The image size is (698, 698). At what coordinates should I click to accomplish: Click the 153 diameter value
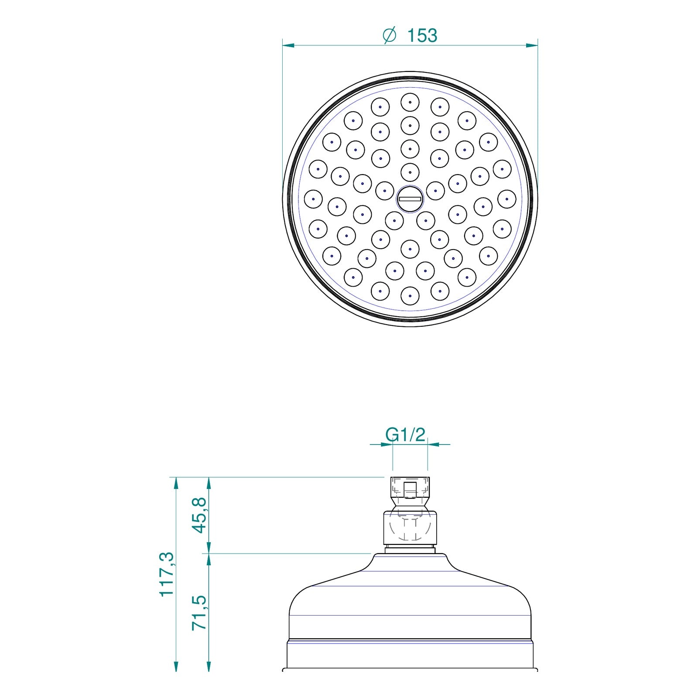tap(422, 35)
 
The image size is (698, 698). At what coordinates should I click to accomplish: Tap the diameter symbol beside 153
tap(390, 35)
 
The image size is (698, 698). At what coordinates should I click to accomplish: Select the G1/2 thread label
tap(405, 435)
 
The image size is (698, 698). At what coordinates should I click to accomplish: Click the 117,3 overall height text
tap(167, 574)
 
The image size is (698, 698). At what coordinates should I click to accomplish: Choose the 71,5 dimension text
tap(200, 612)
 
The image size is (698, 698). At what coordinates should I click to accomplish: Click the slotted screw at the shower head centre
tap(410, 199)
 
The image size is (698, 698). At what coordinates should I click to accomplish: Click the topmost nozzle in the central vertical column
tap(410, 102)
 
